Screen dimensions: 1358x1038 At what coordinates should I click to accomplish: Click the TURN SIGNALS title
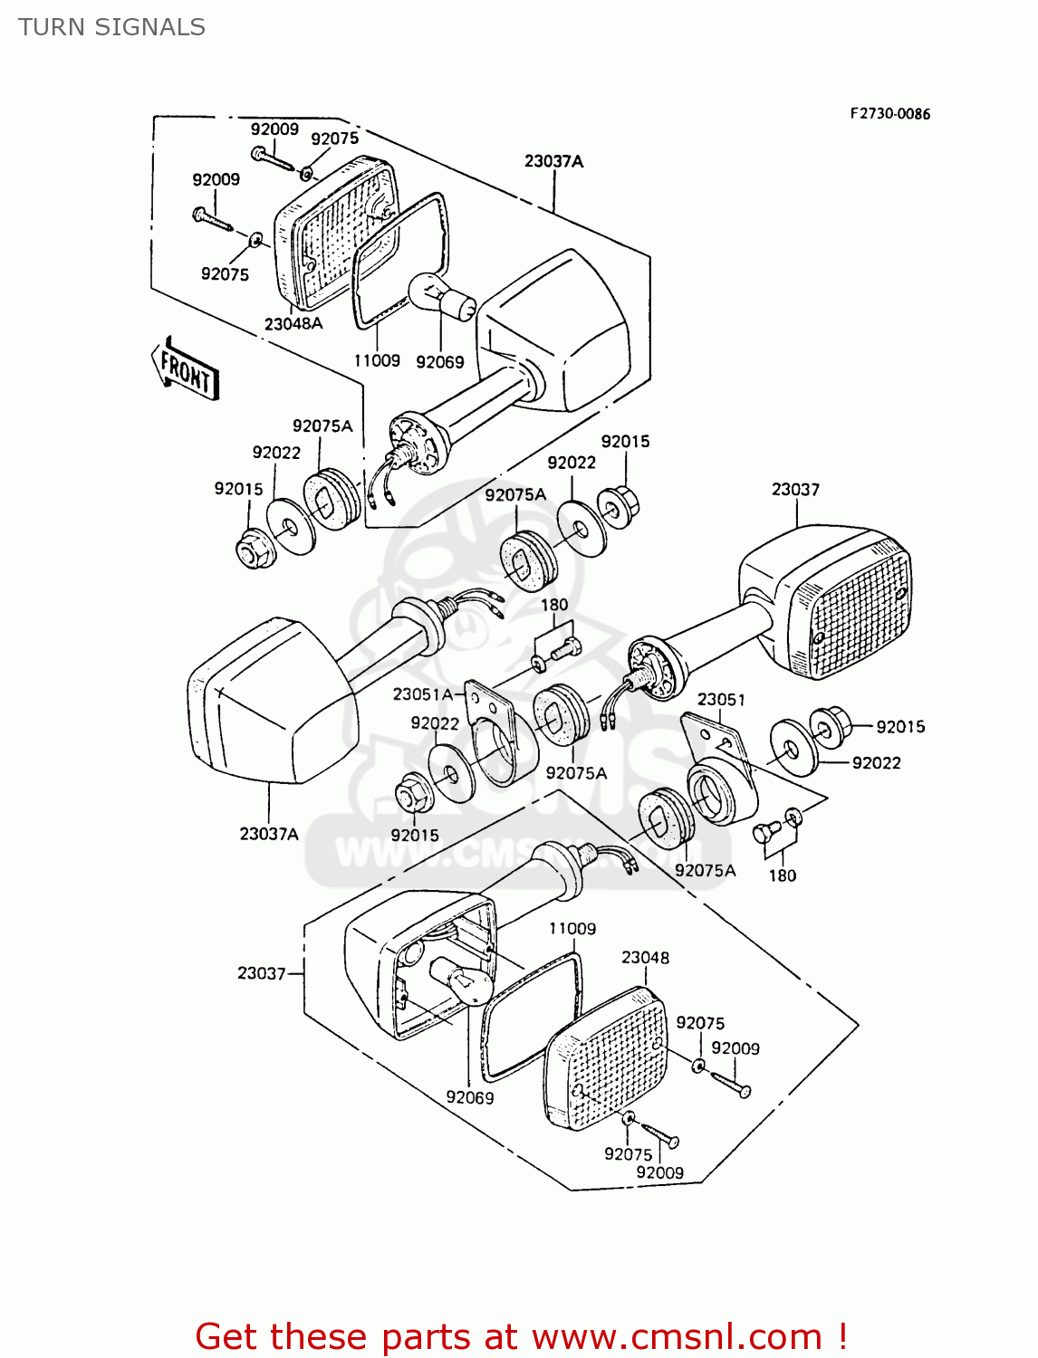tap(111, 27)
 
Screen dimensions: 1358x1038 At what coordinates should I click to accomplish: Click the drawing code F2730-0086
tap(889, 114)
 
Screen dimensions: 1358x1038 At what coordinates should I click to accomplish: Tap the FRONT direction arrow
tap(186, 368)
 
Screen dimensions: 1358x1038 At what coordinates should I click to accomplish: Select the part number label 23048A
tap(293, 323)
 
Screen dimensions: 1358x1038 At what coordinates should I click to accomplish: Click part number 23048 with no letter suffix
tap(645, 957)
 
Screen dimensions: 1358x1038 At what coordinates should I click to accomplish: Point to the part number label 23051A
tap(422, 694)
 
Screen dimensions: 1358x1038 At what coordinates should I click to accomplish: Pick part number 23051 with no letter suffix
tap(721, 700)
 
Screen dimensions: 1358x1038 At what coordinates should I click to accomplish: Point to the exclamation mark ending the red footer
tap(842, 1337)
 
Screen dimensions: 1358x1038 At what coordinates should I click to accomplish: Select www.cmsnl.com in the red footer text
tap(677, 1337)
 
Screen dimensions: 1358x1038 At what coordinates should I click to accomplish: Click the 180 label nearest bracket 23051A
tap(554, 605)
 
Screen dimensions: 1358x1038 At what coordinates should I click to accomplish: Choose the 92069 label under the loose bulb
tap(440, 362)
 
